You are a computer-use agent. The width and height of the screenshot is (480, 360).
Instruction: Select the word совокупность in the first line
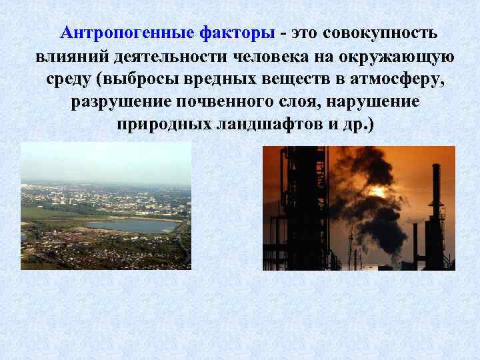380,33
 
